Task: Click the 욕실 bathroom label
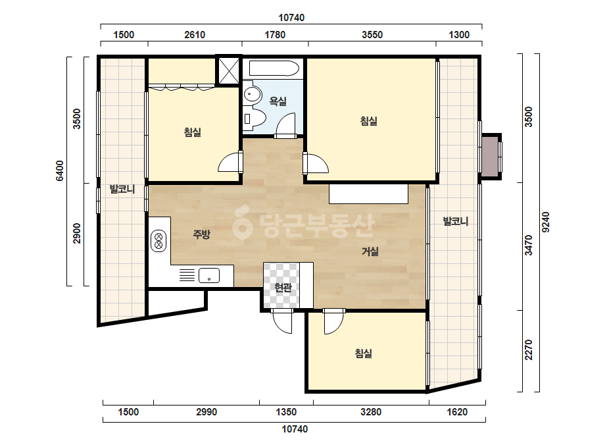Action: click(x=278, y=101)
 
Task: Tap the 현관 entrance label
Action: click(x=283, y=287)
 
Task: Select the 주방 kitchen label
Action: click(x=201, y=234)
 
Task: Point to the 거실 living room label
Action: click(x=370, y=251)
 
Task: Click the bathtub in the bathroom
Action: click(x=274, y=69)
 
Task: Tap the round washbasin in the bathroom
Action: click(x=253, y=93)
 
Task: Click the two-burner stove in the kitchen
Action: click(x=158, y=241)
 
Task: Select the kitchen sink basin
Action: click(x=209, y=276)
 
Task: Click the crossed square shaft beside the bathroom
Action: click(x=229, y=70)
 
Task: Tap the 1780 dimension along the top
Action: click(x=275, y=35)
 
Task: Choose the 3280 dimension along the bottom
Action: click(x=371, y=411)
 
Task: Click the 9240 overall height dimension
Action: click(x=545, y=222)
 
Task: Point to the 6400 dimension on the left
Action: click(x=60, y=170)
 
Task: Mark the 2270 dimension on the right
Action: click(x=529, y=350)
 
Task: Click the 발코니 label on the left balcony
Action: click(x=122, y=189)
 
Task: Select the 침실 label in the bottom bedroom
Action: click(x=364, y=353)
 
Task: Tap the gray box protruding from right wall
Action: click(x=491, y=156)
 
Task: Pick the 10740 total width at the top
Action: click(x=291, y=17)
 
